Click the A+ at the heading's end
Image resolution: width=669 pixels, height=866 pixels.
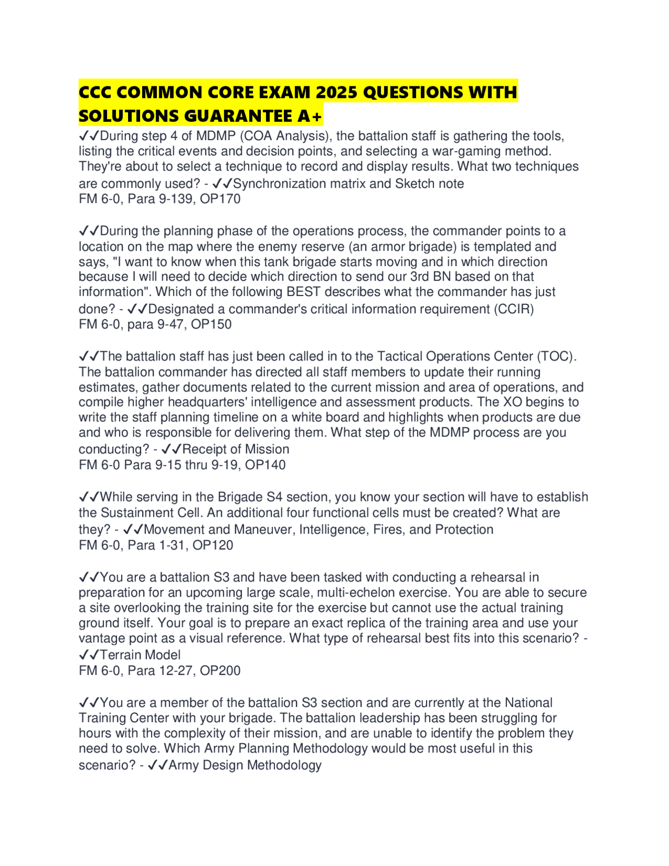[x=310, y=116]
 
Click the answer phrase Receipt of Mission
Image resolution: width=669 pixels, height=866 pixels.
[x=236, y=449]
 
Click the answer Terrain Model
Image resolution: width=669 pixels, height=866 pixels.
[x=140, y=655]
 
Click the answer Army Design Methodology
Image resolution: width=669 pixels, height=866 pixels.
[x=245, y=765]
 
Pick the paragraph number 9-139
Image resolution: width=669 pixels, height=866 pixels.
[x=173, y=199]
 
